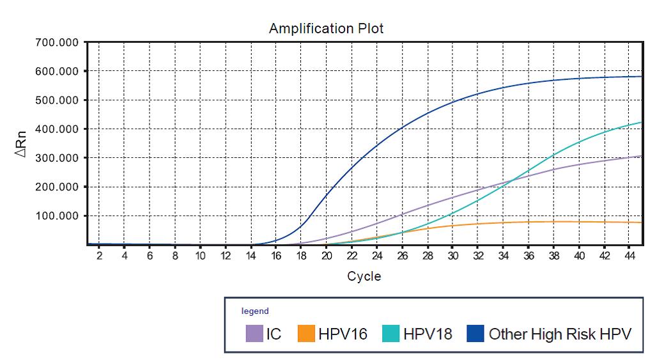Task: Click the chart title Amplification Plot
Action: [x=326, y=28]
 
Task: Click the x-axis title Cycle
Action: [x=364, y=276]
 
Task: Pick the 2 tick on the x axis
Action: [x=99, y=256]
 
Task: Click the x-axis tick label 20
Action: [x=327, y=256]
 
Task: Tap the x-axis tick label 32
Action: [x=478, y=256]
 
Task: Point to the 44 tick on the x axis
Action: [x=630, y=256]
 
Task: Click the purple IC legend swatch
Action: [x=254, y=333]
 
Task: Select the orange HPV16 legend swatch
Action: [x=306, y=333]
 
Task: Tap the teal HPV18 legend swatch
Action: [x=391, y=333]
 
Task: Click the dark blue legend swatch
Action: [x=475, y=333]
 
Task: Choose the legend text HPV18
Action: [x=428, y=333]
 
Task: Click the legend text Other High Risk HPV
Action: [x=560, y=333]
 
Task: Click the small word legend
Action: [x=255, y=311]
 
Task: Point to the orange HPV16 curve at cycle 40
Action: [x=579, y=222]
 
